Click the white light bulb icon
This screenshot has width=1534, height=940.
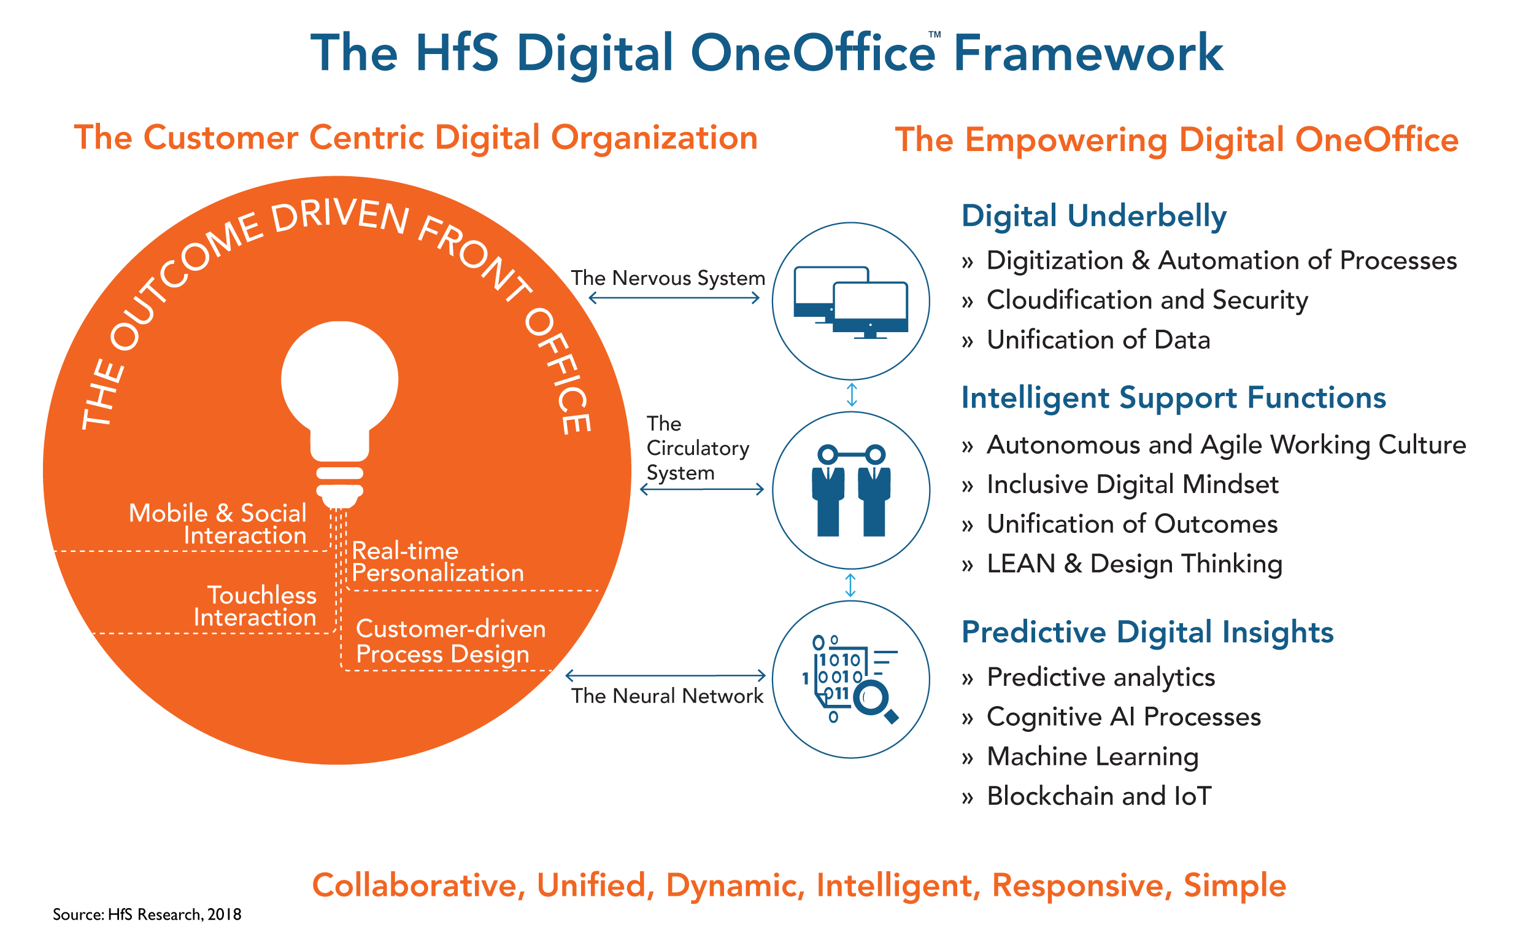(339, 398)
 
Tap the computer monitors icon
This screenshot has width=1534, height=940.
(850, 303)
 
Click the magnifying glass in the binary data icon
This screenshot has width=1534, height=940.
(875, 701)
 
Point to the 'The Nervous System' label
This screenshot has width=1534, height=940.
(668, 278)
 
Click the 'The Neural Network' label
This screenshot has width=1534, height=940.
(667, 696)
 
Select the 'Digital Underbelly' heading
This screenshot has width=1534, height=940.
(1093, 216)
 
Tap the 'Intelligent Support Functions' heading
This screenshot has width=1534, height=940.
(1173, 398)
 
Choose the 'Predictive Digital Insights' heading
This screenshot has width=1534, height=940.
(1147, 632)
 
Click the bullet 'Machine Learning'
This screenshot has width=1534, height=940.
(1092, 757)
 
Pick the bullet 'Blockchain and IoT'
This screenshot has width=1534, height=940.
(1099, 796)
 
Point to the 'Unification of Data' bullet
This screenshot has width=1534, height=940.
(1098, 340)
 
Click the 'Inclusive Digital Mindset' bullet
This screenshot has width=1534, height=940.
(1132, 484)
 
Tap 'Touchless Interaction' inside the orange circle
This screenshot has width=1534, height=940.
(255, 606)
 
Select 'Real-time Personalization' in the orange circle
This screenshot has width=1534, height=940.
(437, 562)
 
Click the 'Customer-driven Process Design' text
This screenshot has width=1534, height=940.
(450, 642)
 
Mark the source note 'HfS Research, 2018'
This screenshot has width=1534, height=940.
(147, 914)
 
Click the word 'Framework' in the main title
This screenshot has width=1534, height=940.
(1089, 53)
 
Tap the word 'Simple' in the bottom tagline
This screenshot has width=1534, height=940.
(1234, 885)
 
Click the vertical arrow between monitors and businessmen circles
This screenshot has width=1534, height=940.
(852, 395)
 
